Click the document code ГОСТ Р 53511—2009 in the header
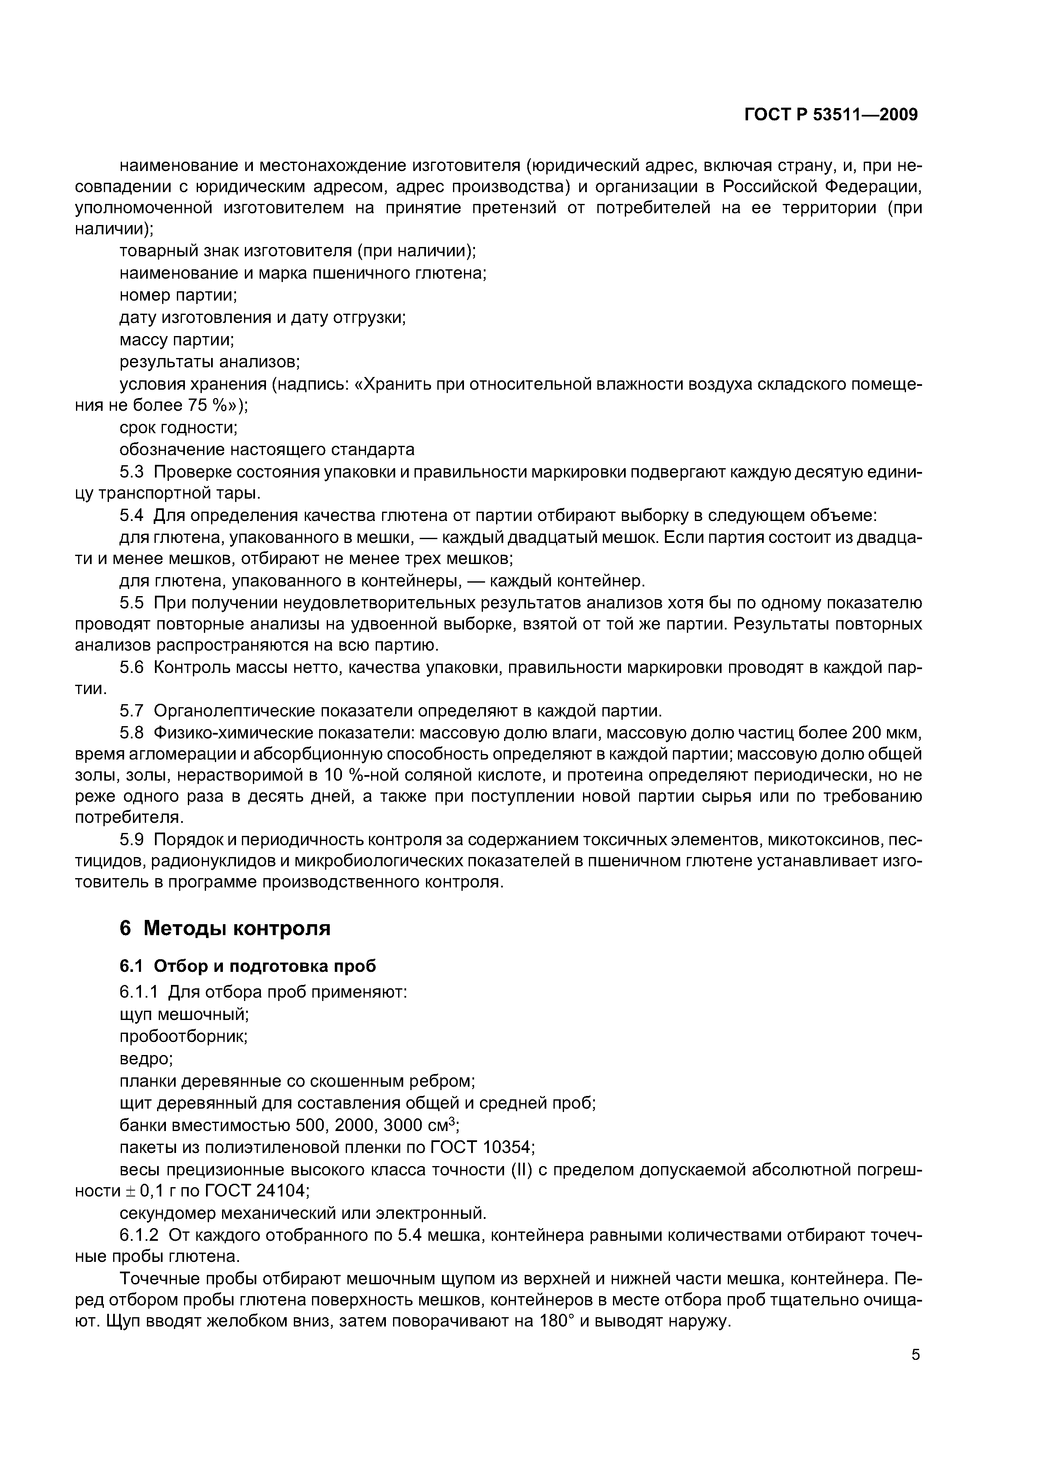[831, 115]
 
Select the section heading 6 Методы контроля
[225, 928]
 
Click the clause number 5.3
[132, 472]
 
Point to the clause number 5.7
[132, 711]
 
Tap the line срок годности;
[179, 428]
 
